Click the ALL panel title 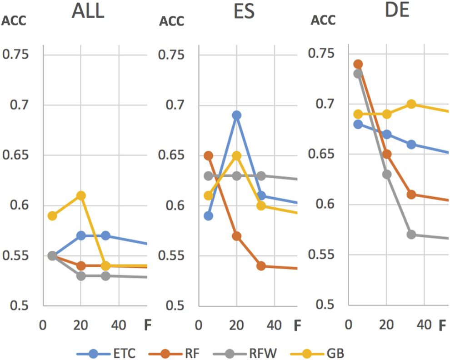(88, 12)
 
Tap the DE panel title (397, 11)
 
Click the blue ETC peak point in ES (236, 115)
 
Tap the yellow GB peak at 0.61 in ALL (81, 195)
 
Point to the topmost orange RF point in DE (358, 64)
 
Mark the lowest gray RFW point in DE (411, 235)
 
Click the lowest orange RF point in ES (261, 266)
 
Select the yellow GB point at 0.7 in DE (411, 104)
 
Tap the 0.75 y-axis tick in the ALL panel (16, 55)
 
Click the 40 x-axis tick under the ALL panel (119, 326)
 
